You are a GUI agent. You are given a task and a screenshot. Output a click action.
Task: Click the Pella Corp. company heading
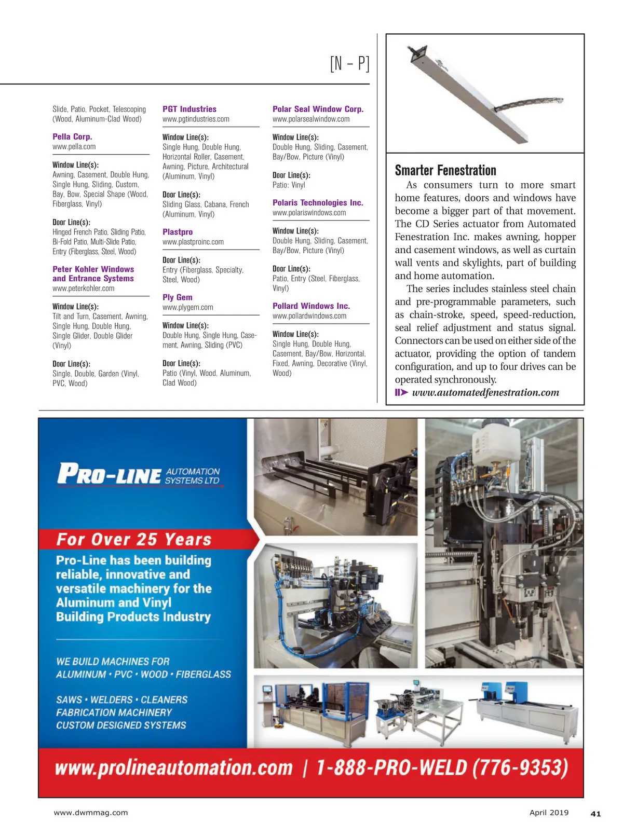pyautogui.click(x=72, y=136)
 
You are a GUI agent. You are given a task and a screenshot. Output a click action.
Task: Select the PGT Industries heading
pyautogui.click(x=189, y=109)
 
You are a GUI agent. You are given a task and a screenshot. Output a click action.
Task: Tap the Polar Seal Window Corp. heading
pyautogui.click(x=318, y=109)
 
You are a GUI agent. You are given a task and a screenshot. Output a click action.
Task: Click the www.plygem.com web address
pyautogui.click(x=188, y=307)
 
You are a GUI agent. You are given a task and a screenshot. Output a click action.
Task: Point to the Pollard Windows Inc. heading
pyautogui.click(x=311, y=306)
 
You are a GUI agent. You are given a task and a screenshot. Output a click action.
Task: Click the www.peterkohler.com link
pyautogui.click(x=84, y=289)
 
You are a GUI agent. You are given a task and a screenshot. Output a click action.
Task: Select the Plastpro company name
pyautogui.click(x=178, y=232)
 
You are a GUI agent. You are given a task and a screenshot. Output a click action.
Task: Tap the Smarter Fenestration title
pyautogui.click(x=445, y=170)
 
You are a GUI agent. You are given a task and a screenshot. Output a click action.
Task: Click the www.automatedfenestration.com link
pyautogui.click(x=485, y=393)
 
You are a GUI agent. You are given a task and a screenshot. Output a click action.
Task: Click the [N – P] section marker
pyautogui.click(x=349, y=63)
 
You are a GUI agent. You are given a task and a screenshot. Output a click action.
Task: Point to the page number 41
pyautogui.click(x=595, y=814)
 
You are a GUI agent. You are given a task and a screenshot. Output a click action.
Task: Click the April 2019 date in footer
pyautogui.click(x=549, y=813)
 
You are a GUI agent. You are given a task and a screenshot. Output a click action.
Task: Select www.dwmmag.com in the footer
pyautogui.click(x=91, y=813)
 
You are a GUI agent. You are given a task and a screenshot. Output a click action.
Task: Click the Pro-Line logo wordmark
pyautogui.click(x=110, y=474)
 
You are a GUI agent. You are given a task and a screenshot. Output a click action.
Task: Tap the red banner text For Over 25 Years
pyautogui.click(x=134, y=540)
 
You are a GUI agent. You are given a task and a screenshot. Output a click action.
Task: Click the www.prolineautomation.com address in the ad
pyautogui.click(x=174, y=768)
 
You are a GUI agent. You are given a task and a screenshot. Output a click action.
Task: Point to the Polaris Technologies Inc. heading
pyautogui.click(x=318, y=203)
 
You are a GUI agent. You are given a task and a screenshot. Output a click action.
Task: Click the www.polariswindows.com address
pyautogui.click(x=309, y=213)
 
